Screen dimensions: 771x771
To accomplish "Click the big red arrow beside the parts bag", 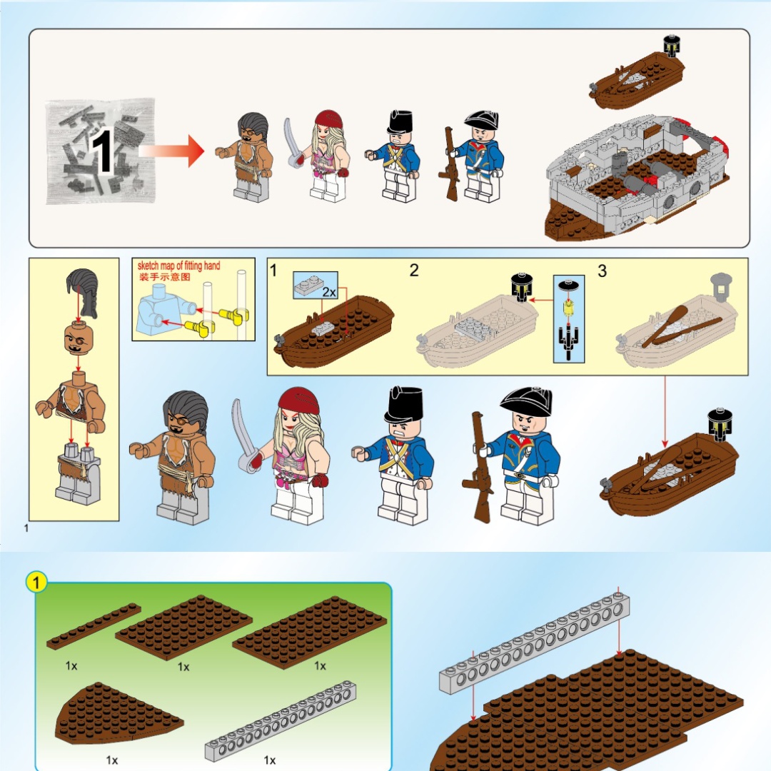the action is click(x=172, y=151).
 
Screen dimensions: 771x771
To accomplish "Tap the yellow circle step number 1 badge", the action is click(x=36, y=583).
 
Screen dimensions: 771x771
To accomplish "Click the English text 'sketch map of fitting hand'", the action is click(x=179, y=266).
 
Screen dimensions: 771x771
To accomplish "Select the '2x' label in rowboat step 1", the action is click(x=329, y=292).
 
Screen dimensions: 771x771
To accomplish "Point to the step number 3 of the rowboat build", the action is click(x=603, y=271).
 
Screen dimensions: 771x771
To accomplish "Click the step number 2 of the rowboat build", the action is click(x=414, y=270).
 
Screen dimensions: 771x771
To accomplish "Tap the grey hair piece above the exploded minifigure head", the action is click(x=83, y=293).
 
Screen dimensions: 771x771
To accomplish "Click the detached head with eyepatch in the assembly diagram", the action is click(x=79, y=338).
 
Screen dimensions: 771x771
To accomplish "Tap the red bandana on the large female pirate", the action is click(x=299, y=400).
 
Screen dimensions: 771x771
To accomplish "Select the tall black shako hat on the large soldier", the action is click(x=404, y=405).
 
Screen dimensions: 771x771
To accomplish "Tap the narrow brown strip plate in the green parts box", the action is click(x=94, y=627).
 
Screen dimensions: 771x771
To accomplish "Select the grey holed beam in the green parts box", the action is click(x=281, y=721).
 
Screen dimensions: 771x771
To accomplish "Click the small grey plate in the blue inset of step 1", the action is click(x=309, y=285).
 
